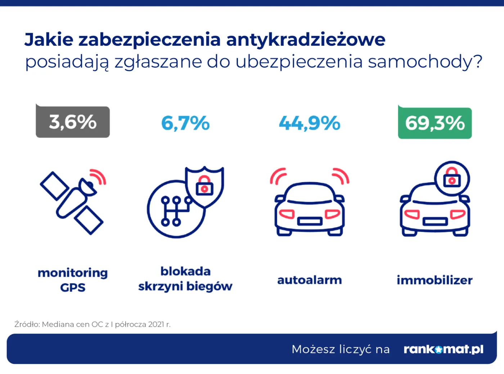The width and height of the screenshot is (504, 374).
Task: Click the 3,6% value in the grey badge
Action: (73, 122)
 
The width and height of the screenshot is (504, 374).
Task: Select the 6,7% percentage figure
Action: (185, 123)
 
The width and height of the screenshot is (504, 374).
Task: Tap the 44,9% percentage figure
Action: (309, 123)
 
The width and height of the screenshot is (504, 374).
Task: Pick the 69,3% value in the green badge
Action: (435, 123)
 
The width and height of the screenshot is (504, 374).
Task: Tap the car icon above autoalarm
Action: (310, 209)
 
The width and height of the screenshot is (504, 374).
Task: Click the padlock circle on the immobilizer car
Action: (452, 178)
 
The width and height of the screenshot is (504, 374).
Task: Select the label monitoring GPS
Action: (73, 280)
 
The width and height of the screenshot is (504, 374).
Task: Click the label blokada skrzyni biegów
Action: (185, 279)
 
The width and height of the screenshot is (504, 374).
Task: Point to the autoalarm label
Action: (309, 280)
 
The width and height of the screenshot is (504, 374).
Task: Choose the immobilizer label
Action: (435, 280)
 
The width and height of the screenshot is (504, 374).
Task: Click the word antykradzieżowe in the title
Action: (306, 40)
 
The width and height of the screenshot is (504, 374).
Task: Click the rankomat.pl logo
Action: (443, 349)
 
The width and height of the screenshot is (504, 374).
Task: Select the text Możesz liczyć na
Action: (341, 349)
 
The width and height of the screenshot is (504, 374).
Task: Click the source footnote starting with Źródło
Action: (93, 324)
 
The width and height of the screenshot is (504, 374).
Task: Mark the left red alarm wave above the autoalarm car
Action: (278, 176)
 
